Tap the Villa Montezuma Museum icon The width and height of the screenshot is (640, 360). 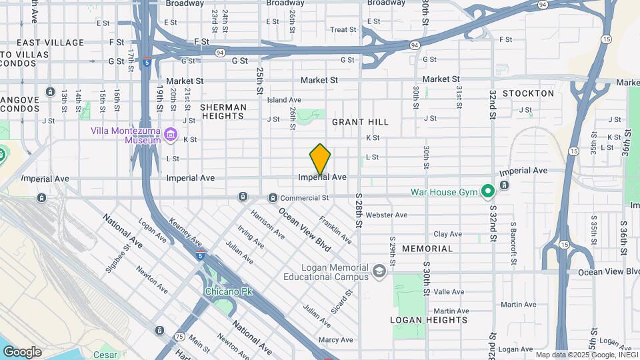pyautogui.click(x=171, y=136)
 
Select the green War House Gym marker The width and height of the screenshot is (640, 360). pyautogui.click(x=488, y=192)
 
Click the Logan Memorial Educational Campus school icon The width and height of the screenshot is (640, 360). pyautogui.click(x=379, y=271)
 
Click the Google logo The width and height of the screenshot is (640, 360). pyautogui.click(x=22, y=352)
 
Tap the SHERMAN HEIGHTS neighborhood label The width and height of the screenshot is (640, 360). pyautogui.click(x=223, y=111)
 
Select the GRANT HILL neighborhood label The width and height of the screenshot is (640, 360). pyautogui.click(x=360, y=122)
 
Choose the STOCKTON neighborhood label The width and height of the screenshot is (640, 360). pyautogui.click(x=529, y=93)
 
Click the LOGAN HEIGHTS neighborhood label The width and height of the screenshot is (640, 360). pyautogui.click(x=429, y=320)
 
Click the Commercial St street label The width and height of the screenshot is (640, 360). pyautogui.click(x=304, y=198)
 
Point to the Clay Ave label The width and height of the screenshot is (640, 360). pyautogui.click(x=448, y=234)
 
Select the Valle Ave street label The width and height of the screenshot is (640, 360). pyautogui.click(x=449, y=292)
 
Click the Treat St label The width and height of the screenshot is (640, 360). pyautogui.click(x=343, y=29)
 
